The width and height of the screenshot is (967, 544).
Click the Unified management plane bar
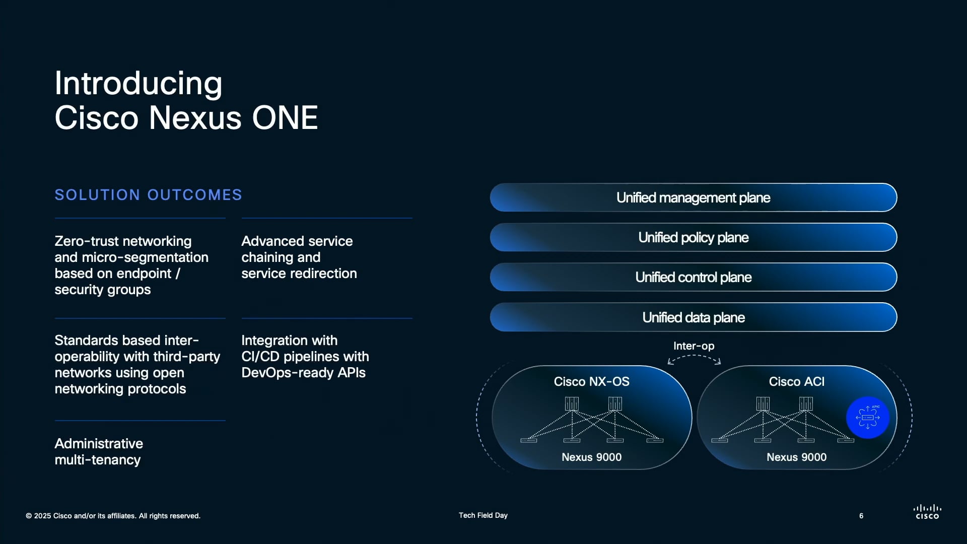click(693, 197)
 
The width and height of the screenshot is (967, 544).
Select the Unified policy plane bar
click(693, 237)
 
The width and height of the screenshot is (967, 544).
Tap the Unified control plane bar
click(693, 277)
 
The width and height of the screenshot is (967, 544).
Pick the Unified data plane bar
click(693, 317)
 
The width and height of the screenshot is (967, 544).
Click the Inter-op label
click(694, 346)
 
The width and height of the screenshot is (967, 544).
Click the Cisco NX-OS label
click(591, 382)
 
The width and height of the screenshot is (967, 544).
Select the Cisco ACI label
click(796, 382)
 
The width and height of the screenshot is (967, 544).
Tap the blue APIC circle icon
click(867, 418)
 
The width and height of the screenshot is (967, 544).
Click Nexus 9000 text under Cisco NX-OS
click(591, 457)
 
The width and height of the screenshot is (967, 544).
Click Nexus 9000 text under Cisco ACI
click(796, 457)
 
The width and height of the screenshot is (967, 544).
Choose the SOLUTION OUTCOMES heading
click(148, 195)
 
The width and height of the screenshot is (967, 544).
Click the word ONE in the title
click(285, 118)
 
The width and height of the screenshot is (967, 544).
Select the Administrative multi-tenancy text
click(99, 452)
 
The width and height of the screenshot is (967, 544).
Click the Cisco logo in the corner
click(927, 512)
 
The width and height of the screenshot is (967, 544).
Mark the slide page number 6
click(861, 516)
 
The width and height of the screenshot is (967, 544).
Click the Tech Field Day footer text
click(483, 515)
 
